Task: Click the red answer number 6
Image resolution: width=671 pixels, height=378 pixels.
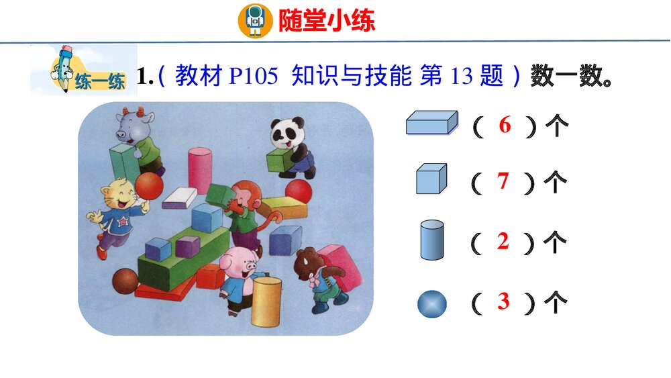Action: tap(505, 126)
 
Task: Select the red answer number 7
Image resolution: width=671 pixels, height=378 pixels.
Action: tap(503, 181)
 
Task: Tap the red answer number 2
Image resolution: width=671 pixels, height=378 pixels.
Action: tap(503, 242)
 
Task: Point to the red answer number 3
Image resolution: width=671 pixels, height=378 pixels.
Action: tap(504, 302)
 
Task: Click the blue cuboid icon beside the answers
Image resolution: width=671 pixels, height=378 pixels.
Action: tap(431, 124)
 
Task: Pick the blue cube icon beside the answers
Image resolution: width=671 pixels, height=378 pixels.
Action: tap(431, 179)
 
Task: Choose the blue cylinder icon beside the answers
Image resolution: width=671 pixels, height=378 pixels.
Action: tap(431, 240)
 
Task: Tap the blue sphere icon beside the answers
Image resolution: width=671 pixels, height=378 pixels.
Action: tap(431, 304)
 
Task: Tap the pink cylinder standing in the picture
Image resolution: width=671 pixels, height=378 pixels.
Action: tap(199, 169)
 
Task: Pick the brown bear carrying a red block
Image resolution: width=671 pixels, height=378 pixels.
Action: tap(319, 275)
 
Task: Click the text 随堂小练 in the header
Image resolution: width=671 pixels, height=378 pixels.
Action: tap(327, 20)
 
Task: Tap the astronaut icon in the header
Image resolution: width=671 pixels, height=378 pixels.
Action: tap(255, 20)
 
